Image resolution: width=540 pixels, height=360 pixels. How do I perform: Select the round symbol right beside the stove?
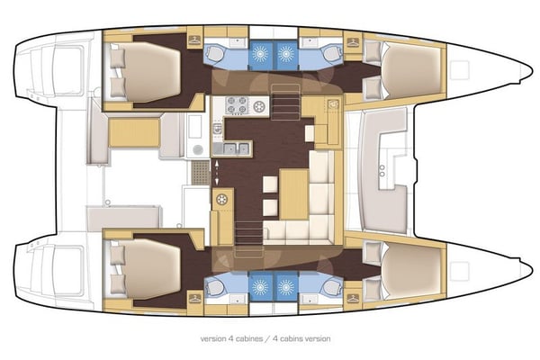pos(259,105)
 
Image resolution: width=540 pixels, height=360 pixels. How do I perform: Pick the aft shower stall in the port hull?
pos(262,53)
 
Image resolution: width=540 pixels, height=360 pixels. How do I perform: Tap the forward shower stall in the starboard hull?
pos(286,287)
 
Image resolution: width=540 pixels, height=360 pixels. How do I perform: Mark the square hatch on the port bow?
pos(459,68)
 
